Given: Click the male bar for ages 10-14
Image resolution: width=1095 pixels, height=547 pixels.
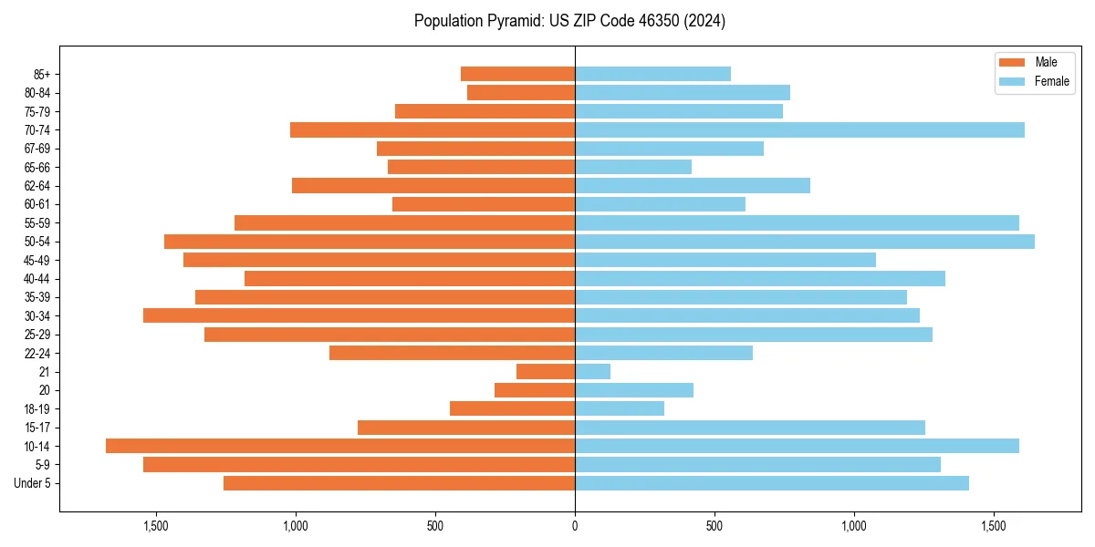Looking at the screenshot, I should coord(340,446).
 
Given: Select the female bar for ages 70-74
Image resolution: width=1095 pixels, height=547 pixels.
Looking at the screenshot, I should coord(799,129).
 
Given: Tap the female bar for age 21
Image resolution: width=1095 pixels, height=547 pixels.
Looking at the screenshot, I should coord(592,371).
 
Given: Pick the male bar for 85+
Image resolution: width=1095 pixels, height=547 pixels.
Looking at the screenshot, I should coord(517,74).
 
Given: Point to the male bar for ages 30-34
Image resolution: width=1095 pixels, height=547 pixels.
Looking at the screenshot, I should coord(359,315).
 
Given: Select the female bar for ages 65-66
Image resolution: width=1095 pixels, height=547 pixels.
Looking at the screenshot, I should coord(633,167).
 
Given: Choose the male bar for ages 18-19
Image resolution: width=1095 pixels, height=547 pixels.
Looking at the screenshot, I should coord(512,408).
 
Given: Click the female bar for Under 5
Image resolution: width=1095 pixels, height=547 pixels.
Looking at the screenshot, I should coord(772,483).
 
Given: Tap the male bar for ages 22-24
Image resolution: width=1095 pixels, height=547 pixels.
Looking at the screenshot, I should coord(452,353).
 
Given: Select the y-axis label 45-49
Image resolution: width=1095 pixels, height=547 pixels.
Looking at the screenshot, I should coord(37,260).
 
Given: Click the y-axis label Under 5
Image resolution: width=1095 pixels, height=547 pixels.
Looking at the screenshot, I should coord(33,483).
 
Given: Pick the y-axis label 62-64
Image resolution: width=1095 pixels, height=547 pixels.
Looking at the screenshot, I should coord(37,186).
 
